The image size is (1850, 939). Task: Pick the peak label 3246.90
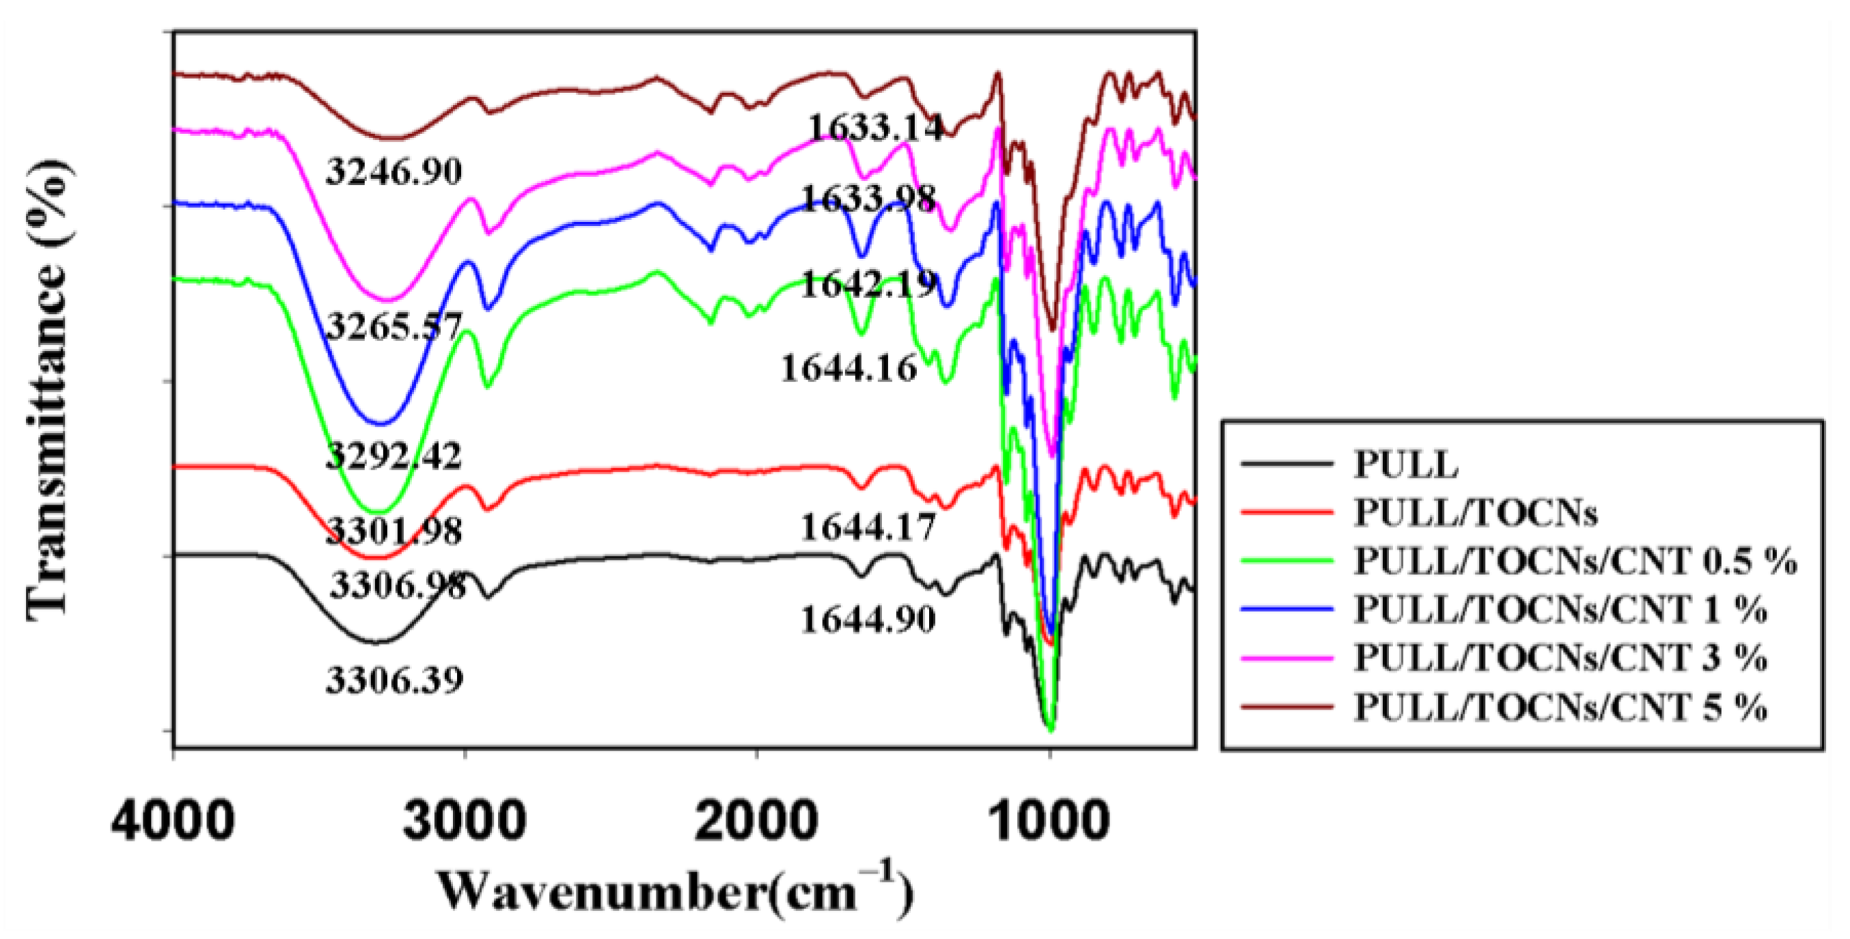[394, 171]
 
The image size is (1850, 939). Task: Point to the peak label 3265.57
[394, 327]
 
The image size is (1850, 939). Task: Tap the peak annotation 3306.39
[394, 679]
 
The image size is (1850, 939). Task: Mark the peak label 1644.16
[849, 369]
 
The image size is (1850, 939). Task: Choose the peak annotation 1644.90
[868, 619]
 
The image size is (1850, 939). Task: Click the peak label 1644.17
[868, 529]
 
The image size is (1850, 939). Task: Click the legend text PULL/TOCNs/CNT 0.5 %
[1575, 561]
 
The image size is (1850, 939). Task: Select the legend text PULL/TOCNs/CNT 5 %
[1560, 707]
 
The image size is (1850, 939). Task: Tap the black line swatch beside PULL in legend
[1286, 464]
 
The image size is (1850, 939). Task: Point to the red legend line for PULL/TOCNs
[1286, 513]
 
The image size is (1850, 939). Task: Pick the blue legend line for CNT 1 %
[1286, 609]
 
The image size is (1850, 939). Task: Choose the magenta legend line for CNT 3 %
[1286, 658]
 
